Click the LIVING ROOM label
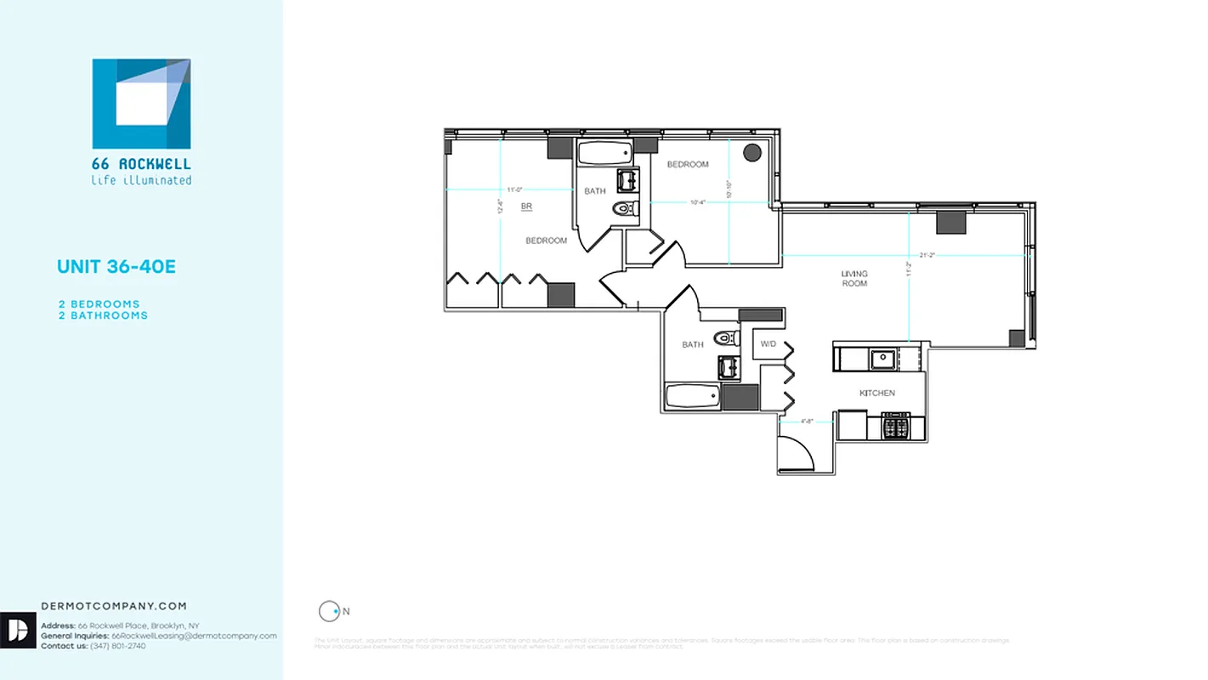coord(854,279)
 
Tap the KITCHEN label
coord(876,394)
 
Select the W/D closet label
coord(768,344)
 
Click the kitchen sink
coord(882,359)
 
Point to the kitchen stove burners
coord(896,424)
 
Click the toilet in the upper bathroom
coord(626,208)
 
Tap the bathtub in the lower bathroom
coord(692,397)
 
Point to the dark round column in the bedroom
coord(752,153)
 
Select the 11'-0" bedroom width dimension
coord(513,190)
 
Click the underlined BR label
coord(526,206)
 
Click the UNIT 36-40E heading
coord(116,267)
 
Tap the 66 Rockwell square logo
coord(141,104)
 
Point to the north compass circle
coord(328,610)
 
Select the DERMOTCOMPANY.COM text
coord(114,606)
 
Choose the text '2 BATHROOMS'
coord(103,315)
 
